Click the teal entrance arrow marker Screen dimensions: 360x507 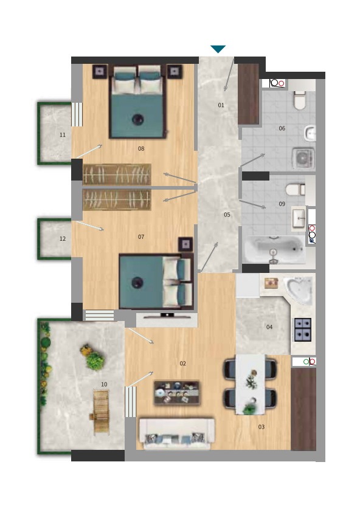pos(218,49)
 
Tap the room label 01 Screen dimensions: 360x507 pos(221,105)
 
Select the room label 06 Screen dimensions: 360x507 pos(282,128)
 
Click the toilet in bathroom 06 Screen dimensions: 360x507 pos(300,100)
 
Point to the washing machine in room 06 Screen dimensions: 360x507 pos(303,159)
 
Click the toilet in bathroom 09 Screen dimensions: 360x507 pos(296,190)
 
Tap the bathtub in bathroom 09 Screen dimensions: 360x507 pos(275,250)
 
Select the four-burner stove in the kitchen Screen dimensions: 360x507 pos(303,330)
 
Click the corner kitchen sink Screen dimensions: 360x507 pos(299,291)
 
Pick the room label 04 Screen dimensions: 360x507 pos(269,327)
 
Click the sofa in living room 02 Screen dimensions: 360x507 pos(176,434)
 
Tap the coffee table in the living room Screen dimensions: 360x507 pos(176,393)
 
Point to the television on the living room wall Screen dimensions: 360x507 pos(167,316)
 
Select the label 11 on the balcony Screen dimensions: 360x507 pos(63,135)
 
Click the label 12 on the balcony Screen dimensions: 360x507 pos(63,239)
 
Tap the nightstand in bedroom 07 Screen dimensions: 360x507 pos(185,244)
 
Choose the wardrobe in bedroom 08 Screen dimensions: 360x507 pos(117,174)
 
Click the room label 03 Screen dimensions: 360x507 pos(261,427)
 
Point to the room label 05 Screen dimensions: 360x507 pos(227,215)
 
